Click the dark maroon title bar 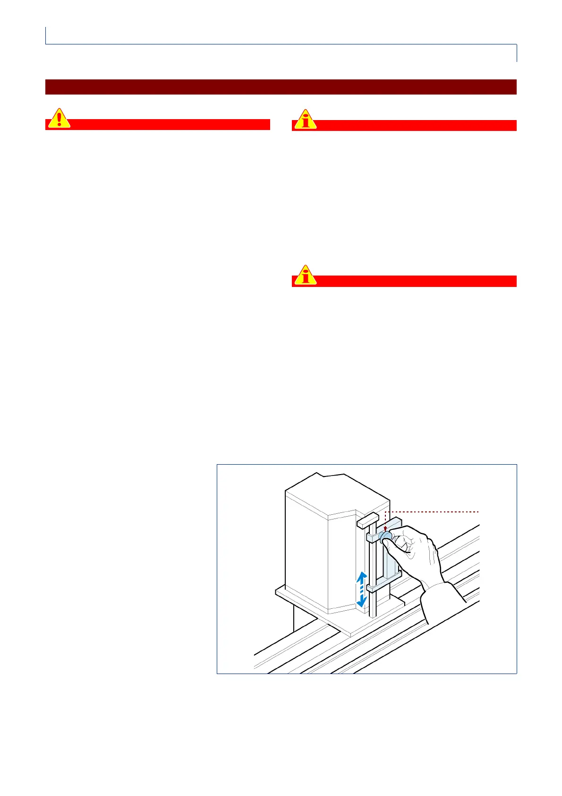click(281, 87)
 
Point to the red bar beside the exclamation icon click(170, 124)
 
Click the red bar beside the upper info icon click(416, 125)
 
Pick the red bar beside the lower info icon click(416, 281)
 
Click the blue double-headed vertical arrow click(361, 589)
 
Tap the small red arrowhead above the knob click(386, 529)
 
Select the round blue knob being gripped click(386, 536)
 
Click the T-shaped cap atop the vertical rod click(367, 522)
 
